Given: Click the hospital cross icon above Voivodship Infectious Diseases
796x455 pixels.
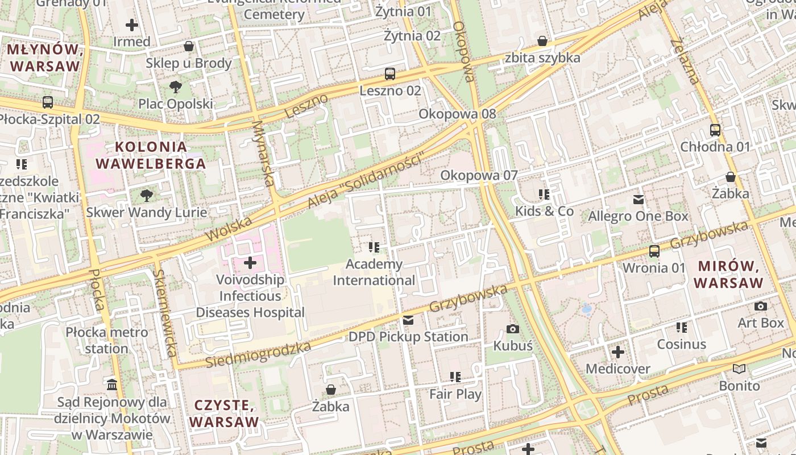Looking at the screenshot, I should point(250,263).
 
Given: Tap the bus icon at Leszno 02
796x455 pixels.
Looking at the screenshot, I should point(389,73).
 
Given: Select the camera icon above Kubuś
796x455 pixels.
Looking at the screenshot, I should point(512,329).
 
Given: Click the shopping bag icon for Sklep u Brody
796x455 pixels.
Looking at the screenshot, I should point(188,46).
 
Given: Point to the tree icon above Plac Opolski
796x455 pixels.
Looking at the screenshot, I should point(176,87).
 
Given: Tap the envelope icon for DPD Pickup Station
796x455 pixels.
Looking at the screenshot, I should point(408,320).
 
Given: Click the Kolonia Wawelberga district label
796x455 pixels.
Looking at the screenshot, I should point(150,155).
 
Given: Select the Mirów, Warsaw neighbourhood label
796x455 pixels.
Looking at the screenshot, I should point(728,274).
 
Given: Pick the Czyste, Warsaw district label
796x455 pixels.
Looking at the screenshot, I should point(224,413).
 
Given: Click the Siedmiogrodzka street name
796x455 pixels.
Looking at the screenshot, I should point(258,354).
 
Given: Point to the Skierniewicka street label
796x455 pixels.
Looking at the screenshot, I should point(164,312).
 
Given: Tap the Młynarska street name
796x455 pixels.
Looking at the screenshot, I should point(262,153).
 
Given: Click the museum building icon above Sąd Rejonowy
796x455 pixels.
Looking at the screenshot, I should point(112,385).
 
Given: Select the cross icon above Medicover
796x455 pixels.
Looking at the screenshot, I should point(617,352).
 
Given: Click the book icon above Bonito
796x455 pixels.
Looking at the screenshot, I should point(739,369).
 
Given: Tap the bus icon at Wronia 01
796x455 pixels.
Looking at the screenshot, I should point(654,251).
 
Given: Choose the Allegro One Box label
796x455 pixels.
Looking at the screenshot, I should point(637,216).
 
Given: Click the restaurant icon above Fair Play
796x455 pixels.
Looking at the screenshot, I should point(455,377).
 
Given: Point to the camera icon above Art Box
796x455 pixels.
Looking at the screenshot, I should point(760,306).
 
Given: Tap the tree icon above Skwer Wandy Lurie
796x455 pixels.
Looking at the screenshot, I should point(147,196).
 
